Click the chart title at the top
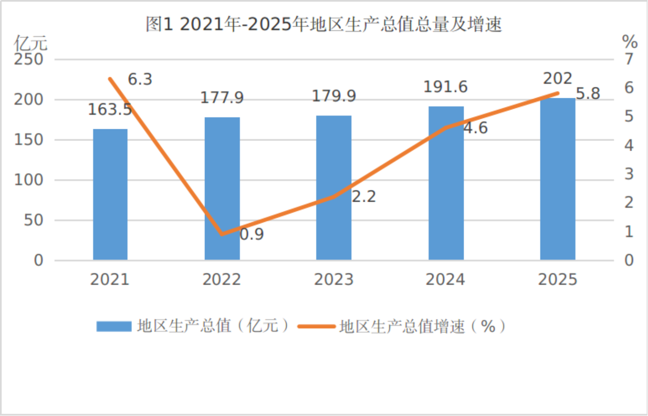pos(323,24)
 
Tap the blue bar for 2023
pos(334,188)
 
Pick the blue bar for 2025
pos(558,179)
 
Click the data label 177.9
pos(222,97)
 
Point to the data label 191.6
pos(445,87)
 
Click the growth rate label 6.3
pos(140,79)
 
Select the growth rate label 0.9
pos(252,234)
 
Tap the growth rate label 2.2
pos(364,196)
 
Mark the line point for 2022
pos(222,234)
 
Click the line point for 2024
pos(446,127)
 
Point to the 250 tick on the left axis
pos(29,59)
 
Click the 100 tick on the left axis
pos(29,180)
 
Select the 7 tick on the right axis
pos(629,59)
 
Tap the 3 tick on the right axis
pos(629,174)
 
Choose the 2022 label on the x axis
pos(222,279)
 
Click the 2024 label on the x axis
pos(445,279)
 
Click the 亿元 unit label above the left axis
pos(31,43)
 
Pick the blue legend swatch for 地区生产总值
pos(114,326)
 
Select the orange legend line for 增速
pos(316,326)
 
